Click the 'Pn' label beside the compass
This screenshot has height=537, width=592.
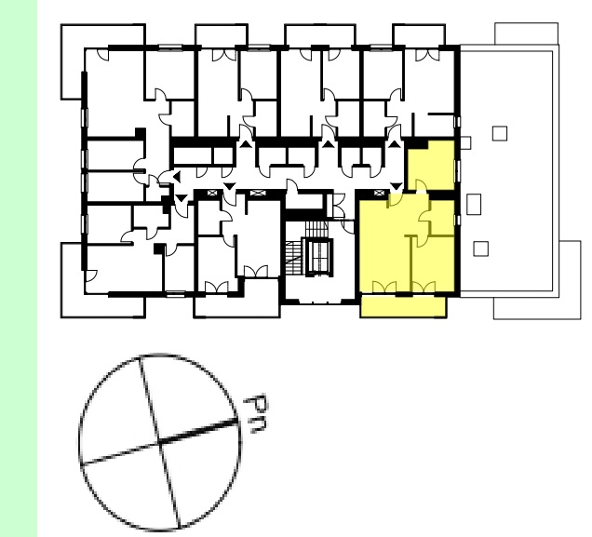(256, 413)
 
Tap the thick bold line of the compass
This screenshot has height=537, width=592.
(198, 431)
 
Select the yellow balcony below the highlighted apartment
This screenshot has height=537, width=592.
(403, 307)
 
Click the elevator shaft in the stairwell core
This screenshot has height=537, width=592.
(319, 257)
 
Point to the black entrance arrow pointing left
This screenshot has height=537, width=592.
(177, 176)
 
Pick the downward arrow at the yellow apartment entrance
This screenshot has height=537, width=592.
(396, 186)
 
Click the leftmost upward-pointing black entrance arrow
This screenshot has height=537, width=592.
(246, 143)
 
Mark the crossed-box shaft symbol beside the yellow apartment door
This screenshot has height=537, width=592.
(380, 194)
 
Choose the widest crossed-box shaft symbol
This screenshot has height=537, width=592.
(258, 194)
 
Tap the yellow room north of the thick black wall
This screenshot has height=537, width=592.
(432, 166)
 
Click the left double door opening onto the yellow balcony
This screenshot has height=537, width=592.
(384, 288)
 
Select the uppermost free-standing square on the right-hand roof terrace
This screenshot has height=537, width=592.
(500, 134)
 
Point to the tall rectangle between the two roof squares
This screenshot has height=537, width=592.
(474, 204)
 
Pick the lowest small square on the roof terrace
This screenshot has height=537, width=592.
(481, 249)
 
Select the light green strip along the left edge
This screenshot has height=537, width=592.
(19, 268)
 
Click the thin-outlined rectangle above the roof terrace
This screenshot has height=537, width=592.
(526, 34)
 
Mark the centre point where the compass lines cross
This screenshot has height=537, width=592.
(159, 442)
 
